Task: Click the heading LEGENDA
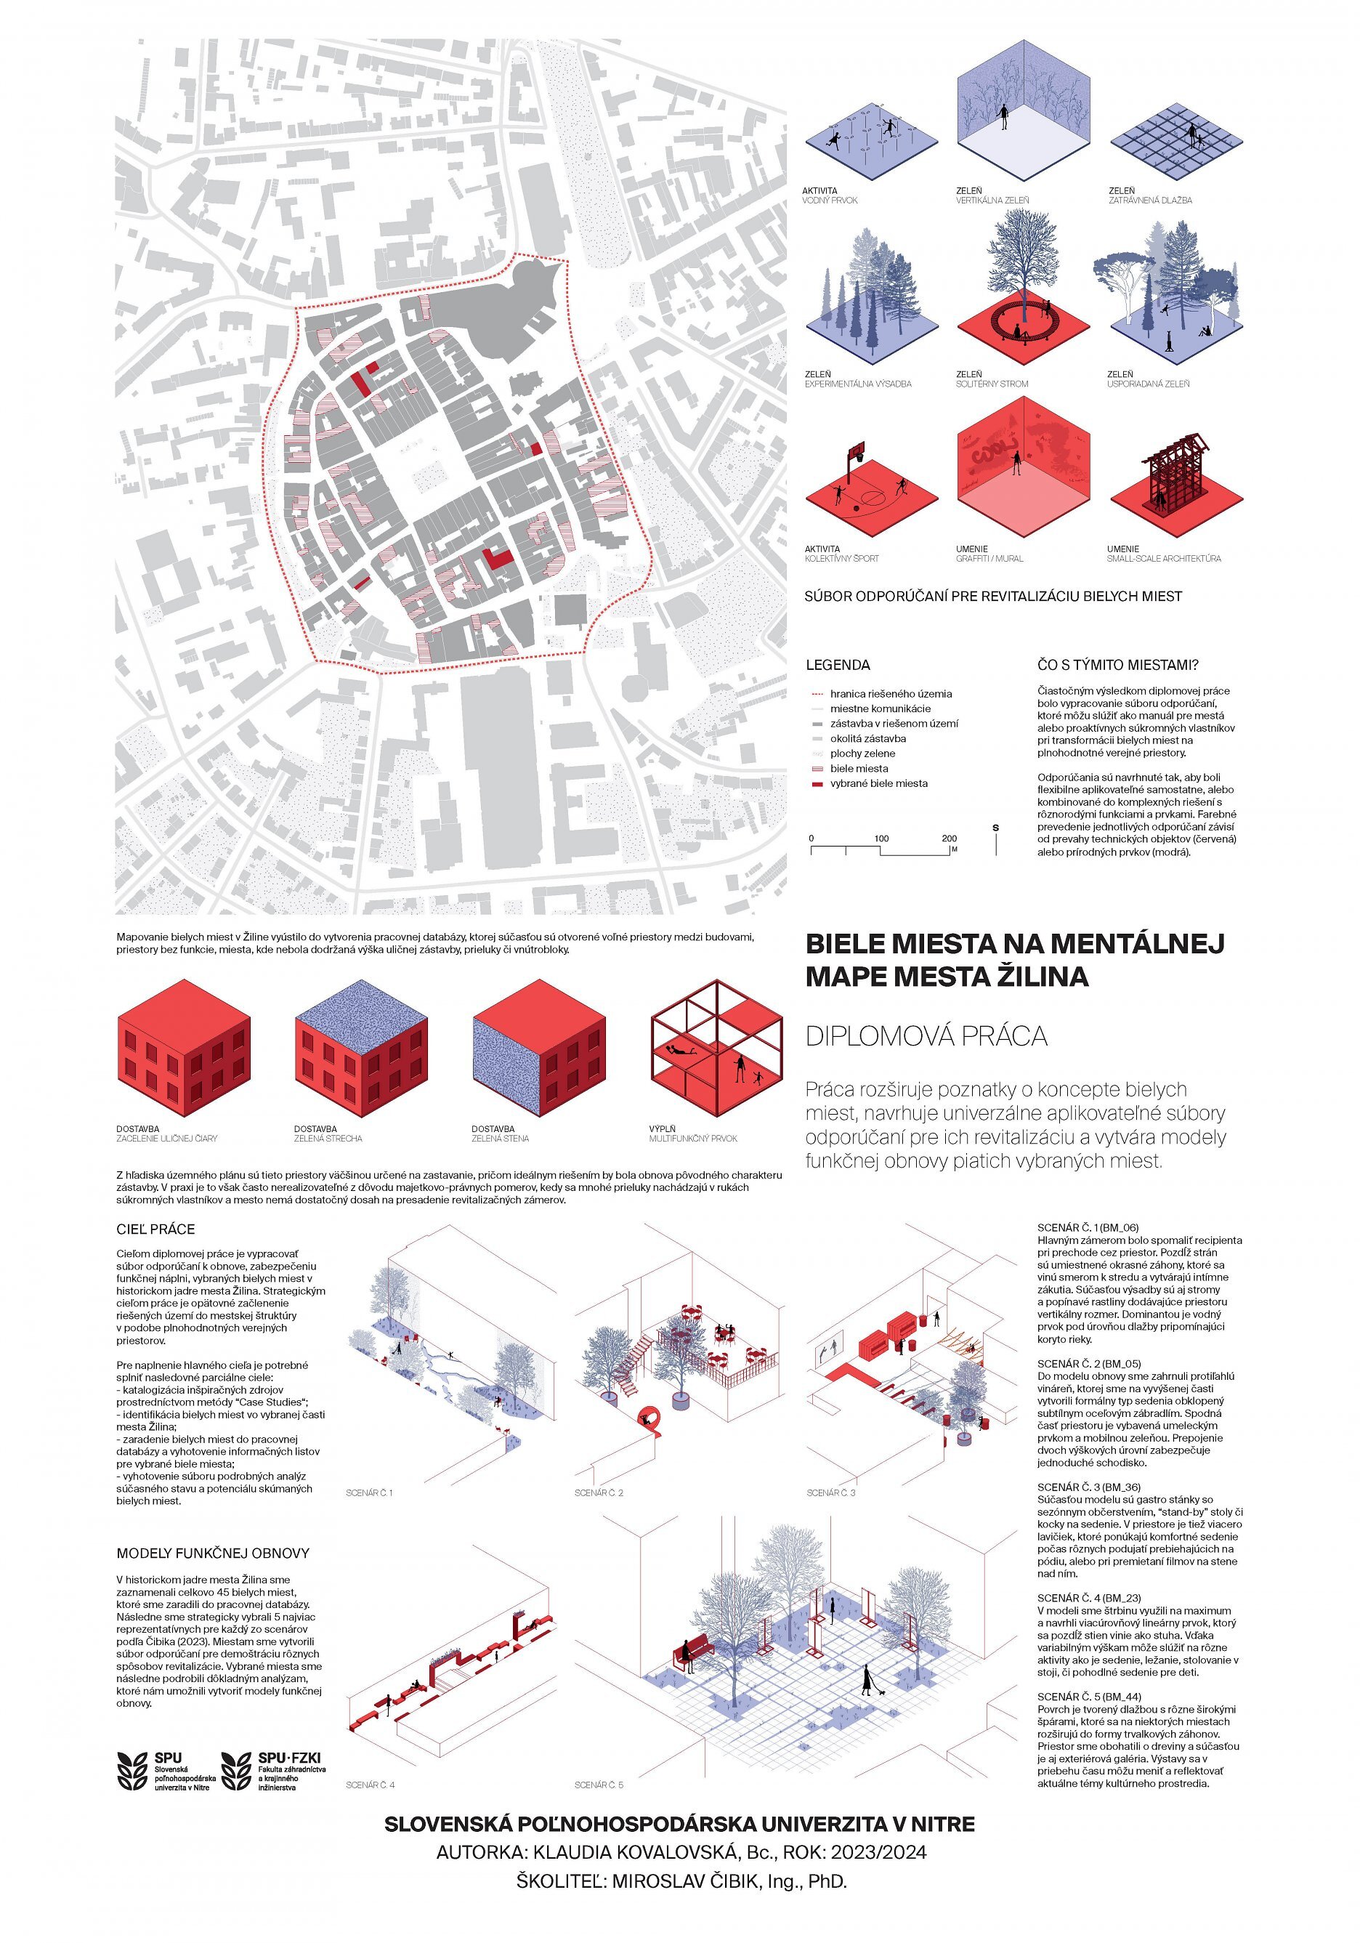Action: point(837,665)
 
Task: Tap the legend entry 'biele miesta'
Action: point(858,768)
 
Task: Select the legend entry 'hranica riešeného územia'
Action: point(890,694)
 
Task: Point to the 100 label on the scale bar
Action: point(881,839)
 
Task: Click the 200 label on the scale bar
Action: point(949,839)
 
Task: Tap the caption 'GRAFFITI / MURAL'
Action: point(989,559)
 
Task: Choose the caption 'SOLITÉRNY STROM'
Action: point(992,384)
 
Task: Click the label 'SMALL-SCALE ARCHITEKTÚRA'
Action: point(1164,559)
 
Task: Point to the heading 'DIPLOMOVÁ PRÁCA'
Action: point(926,1037)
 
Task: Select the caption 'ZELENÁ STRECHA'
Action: point(328,1139)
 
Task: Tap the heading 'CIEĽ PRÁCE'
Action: point(155,1229)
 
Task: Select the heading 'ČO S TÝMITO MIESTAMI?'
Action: point(1118,665)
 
